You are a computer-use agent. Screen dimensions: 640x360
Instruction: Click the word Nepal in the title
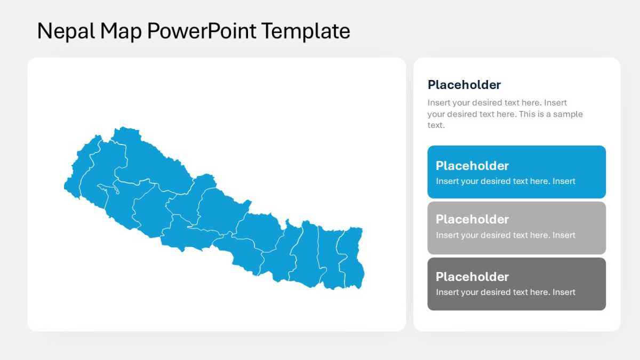pos(66,31)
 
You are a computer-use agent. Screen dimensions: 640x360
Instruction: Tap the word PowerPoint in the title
pos(202,31)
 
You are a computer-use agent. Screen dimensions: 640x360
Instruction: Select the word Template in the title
pos(306,31)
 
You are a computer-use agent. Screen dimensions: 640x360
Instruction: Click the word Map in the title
pos(121,31)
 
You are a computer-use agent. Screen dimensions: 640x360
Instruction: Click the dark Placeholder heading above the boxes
pos(464,85)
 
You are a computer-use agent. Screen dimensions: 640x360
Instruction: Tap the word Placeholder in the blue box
pos(472,166)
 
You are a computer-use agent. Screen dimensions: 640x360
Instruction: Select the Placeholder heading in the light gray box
pos(472,219)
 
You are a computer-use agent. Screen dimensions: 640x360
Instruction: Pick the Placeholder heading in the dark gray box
pos(472,277)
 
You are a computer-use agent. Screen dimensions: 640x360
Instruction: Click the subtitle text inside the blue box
pos(506,181)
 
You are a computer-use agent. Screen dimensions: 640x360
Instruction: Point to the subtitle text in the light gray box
pos(506,235)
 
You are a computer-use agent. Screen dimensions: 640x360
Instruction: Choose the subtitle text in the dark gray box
pos(506,292)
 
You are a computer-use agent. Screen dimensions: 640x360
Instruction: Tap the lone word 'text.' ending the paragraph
pos(436,125)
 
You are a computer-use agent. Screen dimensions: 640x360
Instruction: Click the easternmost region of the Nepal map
pos(351,257)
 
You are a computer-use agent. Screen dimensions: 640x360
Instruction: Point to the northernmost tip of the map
pos(123,127)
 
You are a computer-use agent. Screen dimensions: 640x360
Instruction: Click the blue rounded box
pos(517,172)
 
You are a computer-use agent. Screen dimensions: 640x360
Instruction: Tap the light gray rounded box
pos(517,228)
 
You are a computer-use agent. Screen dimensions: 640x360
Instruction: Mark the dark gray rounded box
pos(517,284)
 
